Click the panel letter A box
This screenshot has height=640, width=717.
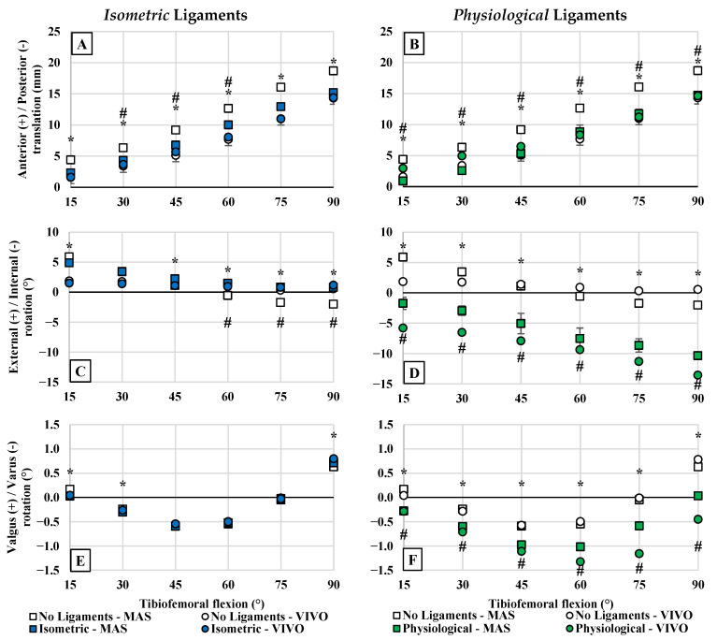coord(82,44)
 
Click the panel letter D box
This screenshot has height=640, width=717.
coord(414,372)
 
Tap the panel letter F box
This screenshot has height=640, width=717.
coord(412,560)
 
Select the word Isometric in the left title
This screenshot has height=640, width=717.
coord(137,15)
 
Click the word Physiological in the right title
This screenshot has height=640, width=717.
coord(501,15)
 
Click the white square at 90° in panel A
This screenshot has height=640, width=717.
coord(334,71)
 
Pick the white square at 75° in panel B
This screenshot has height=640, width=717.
coord(638,87)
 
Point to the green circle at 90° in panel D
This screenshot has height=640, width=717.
coord(697,375)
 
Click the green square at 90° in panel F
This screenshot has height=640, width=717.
coord(697,496)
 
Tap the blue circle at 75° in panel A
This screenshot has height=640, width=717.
coord(280,119)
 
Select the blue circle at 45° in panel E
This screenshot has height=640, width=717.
coord(175,524)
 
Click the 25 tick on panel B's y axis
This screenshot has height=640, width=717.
coord(386,31)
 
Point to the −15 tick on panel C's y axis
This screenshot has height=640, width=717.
coord(50,382)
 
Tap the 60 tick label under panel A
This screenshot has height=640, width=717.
coord(228,202)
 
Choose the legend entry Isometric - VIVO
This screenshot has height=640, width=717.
coord(253,629)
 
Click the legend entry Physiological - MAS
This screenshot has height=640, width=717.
coord(452,629)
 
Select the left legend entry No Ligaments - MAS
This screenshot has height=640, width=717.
coord(91,617)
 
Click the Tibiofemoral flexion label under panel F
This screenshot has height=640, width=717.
coord(551,604)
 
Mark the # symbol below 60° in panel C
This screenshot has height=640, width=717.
coord(228,323)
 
